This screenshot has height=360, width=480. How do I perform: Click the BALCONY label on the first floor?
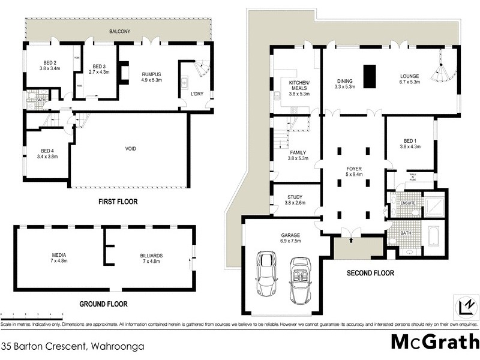(x=121, y=31)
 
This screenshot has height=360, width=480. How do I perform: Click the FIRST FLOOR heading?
(x=118, y=202)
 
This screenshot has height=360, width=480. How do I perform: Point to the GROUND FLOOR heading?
(x=103, y=304)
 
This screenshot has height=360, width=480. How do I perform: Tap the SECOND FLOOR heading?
(x=370, y=273)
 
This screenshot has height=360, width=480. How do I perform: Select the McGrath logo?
(x=431, y=341)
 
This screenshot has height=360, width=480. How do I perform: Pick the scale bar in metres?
(x=32, y=316)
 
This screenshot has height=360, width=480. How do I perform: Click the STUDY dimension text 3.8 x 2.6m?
(x=295, y=203)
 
